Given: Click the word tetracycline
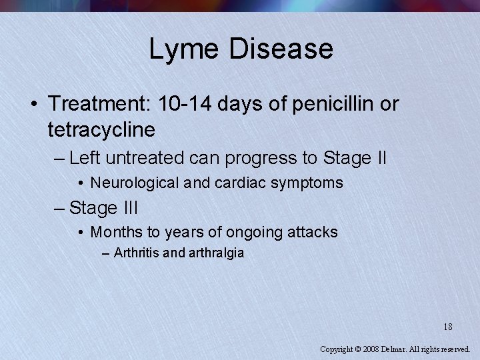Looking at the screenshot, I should coord(101,129).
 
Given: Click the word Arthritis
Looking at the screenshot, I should coord(136,253).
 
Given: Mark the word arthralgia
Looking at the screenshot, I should coord(216,253).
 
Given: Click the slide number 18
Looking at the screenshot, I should coord(447,327).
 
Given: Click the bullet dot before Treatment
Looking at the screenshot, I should coord(33,105).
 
